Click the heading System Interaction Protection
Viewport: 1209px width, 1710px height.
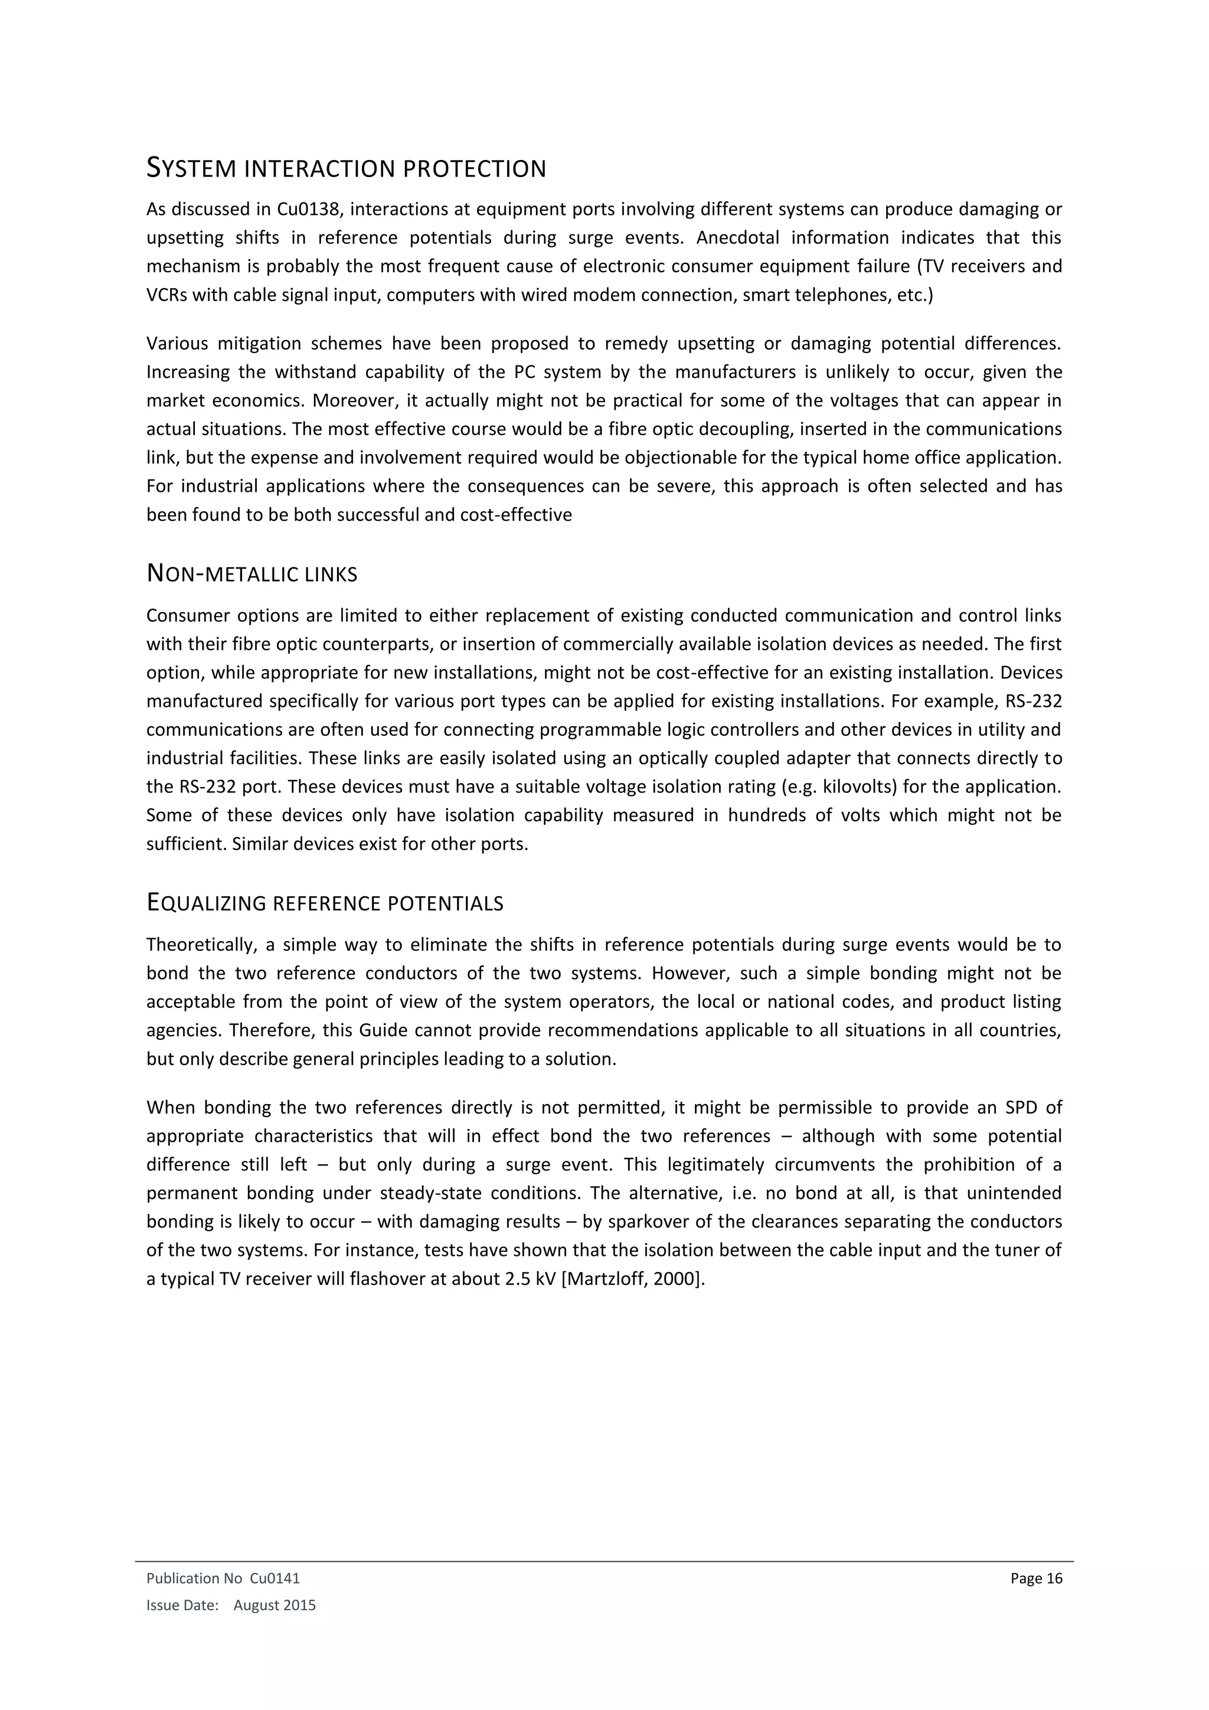pos(346,168)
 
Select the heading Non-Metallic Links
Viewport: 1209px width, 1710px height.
pos(251,574)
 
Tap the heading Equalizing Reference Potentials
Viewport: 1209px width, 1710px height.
pos(325,903)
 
